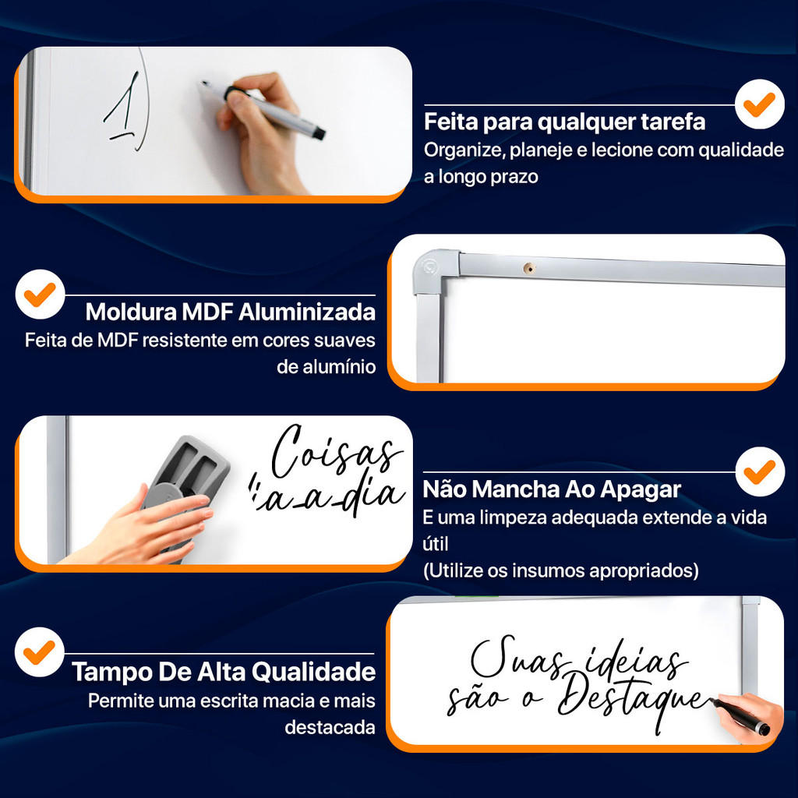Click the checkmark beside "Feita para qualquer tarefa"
point(759,104)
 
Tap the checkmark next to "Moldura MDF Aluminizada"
point(40,295)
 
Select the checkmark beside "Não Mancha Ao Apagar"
point(759,471)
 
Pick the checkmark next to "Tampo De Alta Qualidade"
point(39,652)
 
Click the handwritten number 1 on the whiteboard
point(122,106)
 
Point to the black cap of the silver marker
point(318,133)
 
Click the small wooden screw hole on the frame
point(529,268)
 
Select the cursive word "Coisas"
point(336,451)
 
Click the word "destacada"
point(330,727)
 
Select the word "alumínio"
point(327,366)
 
